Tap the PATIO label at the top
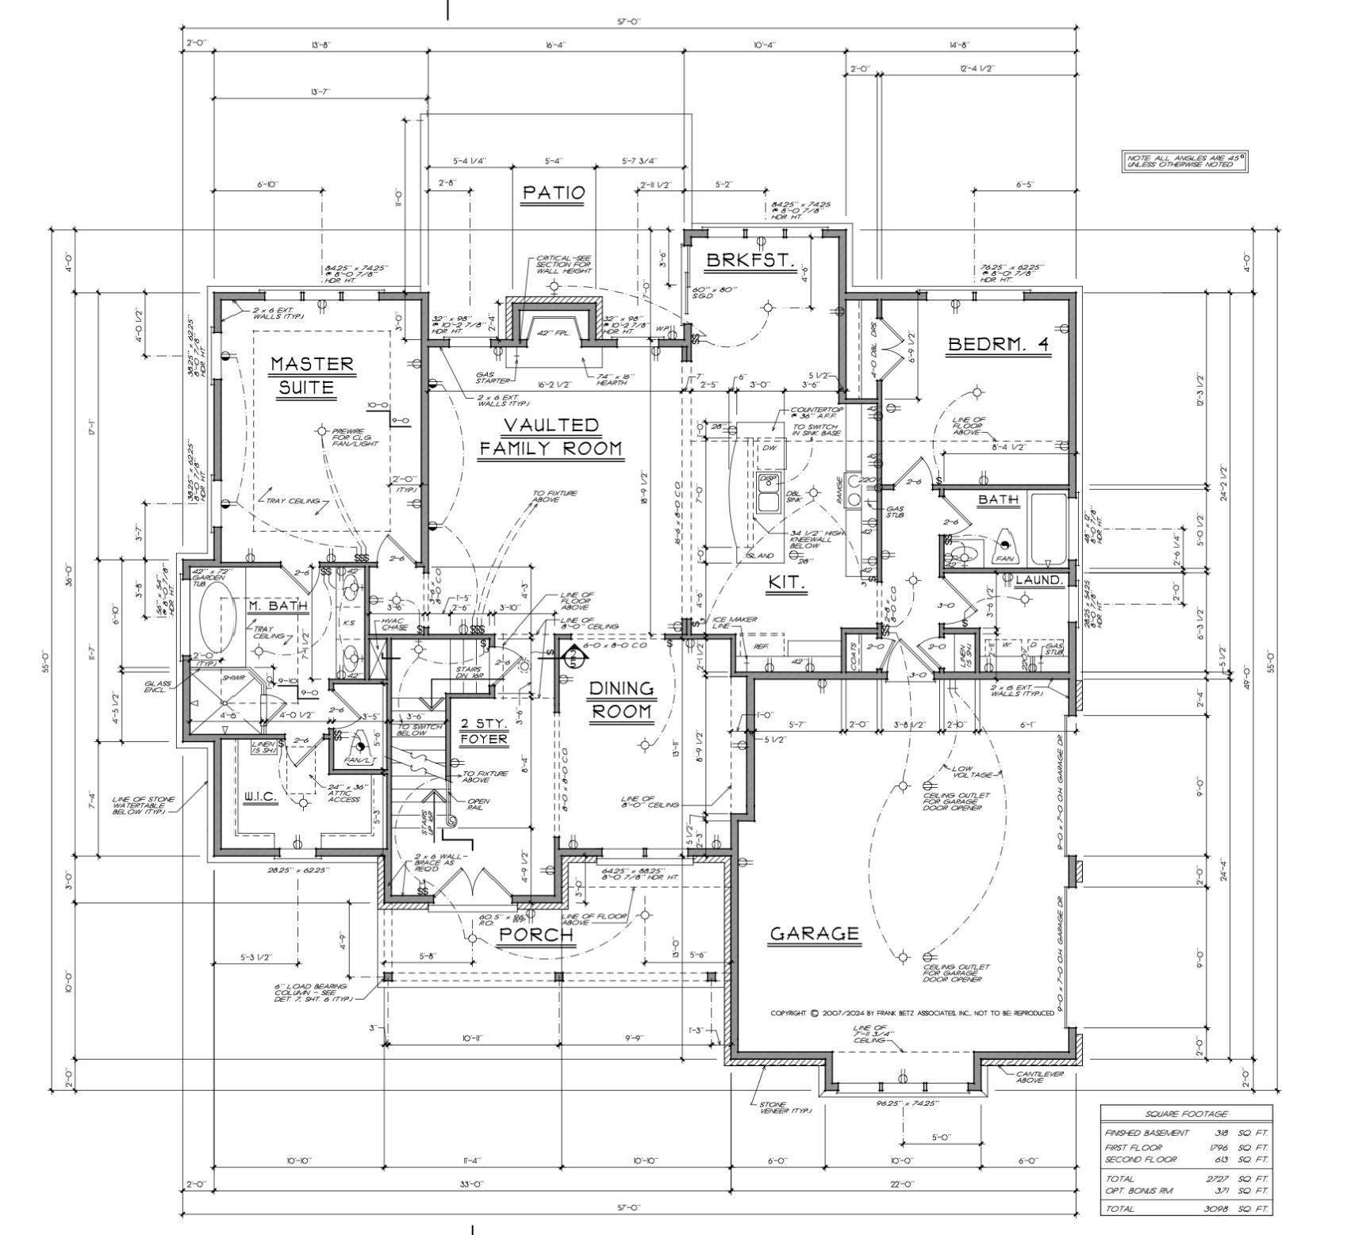[554, 193]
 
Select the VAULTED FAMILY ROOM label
[551, 437]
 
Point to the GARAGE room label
[814, 933]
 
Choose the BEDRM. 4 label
[998, 345]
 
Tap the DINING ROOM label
[622, 699]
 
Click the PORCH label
[535, 935]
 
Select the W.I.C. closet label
[260, 796]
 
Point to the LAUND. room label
[1039, 580]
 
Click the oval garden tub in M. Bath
[216, 623]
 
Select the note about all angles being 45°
[1185, 162]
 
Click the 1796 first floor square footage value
[1218, 1147]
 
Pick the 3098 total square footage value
[1218, 1209]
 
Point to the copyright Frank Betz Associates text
[912, 1013]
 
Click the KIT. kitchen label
[787, 583]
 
